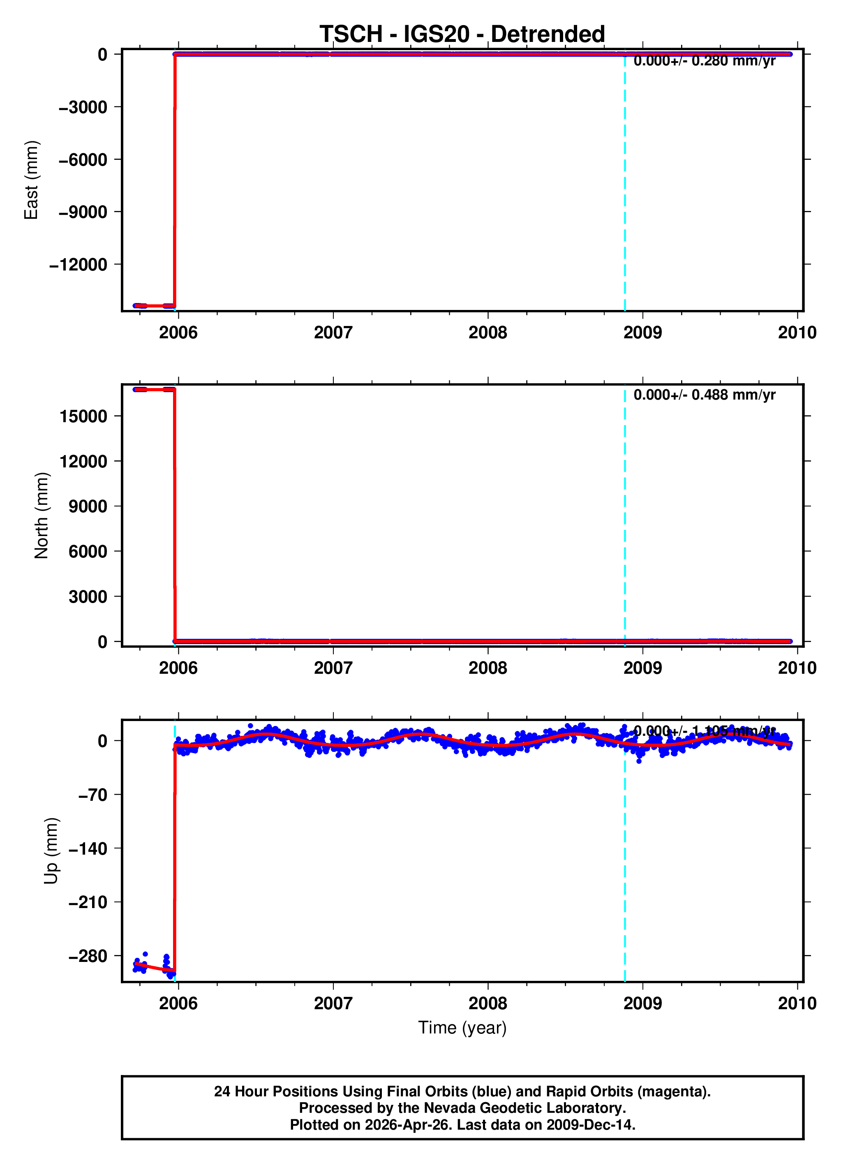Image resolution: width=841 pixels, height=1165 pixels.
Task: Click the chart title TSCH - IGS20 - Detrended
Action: [x=462, y=34]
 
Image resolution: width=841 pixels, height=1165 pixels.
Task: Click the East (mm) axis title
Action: [x=31, y=180]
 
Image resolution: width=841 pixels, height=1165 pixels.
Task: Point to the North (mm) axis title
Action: [x=42, y=515]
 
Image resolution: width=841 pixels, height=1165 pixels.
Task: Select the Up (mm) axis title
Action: [x=51, y=851]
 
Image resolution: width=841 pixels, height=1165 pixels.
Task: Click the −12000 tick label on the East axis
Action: [x=78, y=265]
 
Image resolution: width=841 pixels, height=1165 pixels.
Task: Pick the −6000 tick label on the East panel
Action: [x=83, y=160]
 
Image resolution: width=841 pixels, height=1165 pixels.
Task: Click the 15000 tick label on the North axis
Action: [x=83, y=416]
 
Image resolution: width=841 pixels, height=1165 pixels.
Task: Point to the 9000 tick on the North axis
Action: [x=88, y=506]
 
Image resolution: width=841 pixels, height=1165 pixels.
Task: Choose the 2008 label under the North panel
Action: [x=488, y=668]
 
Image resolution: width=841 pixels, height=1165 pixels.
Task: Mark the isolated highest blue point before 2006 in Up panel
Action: [x=146, y=954]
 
